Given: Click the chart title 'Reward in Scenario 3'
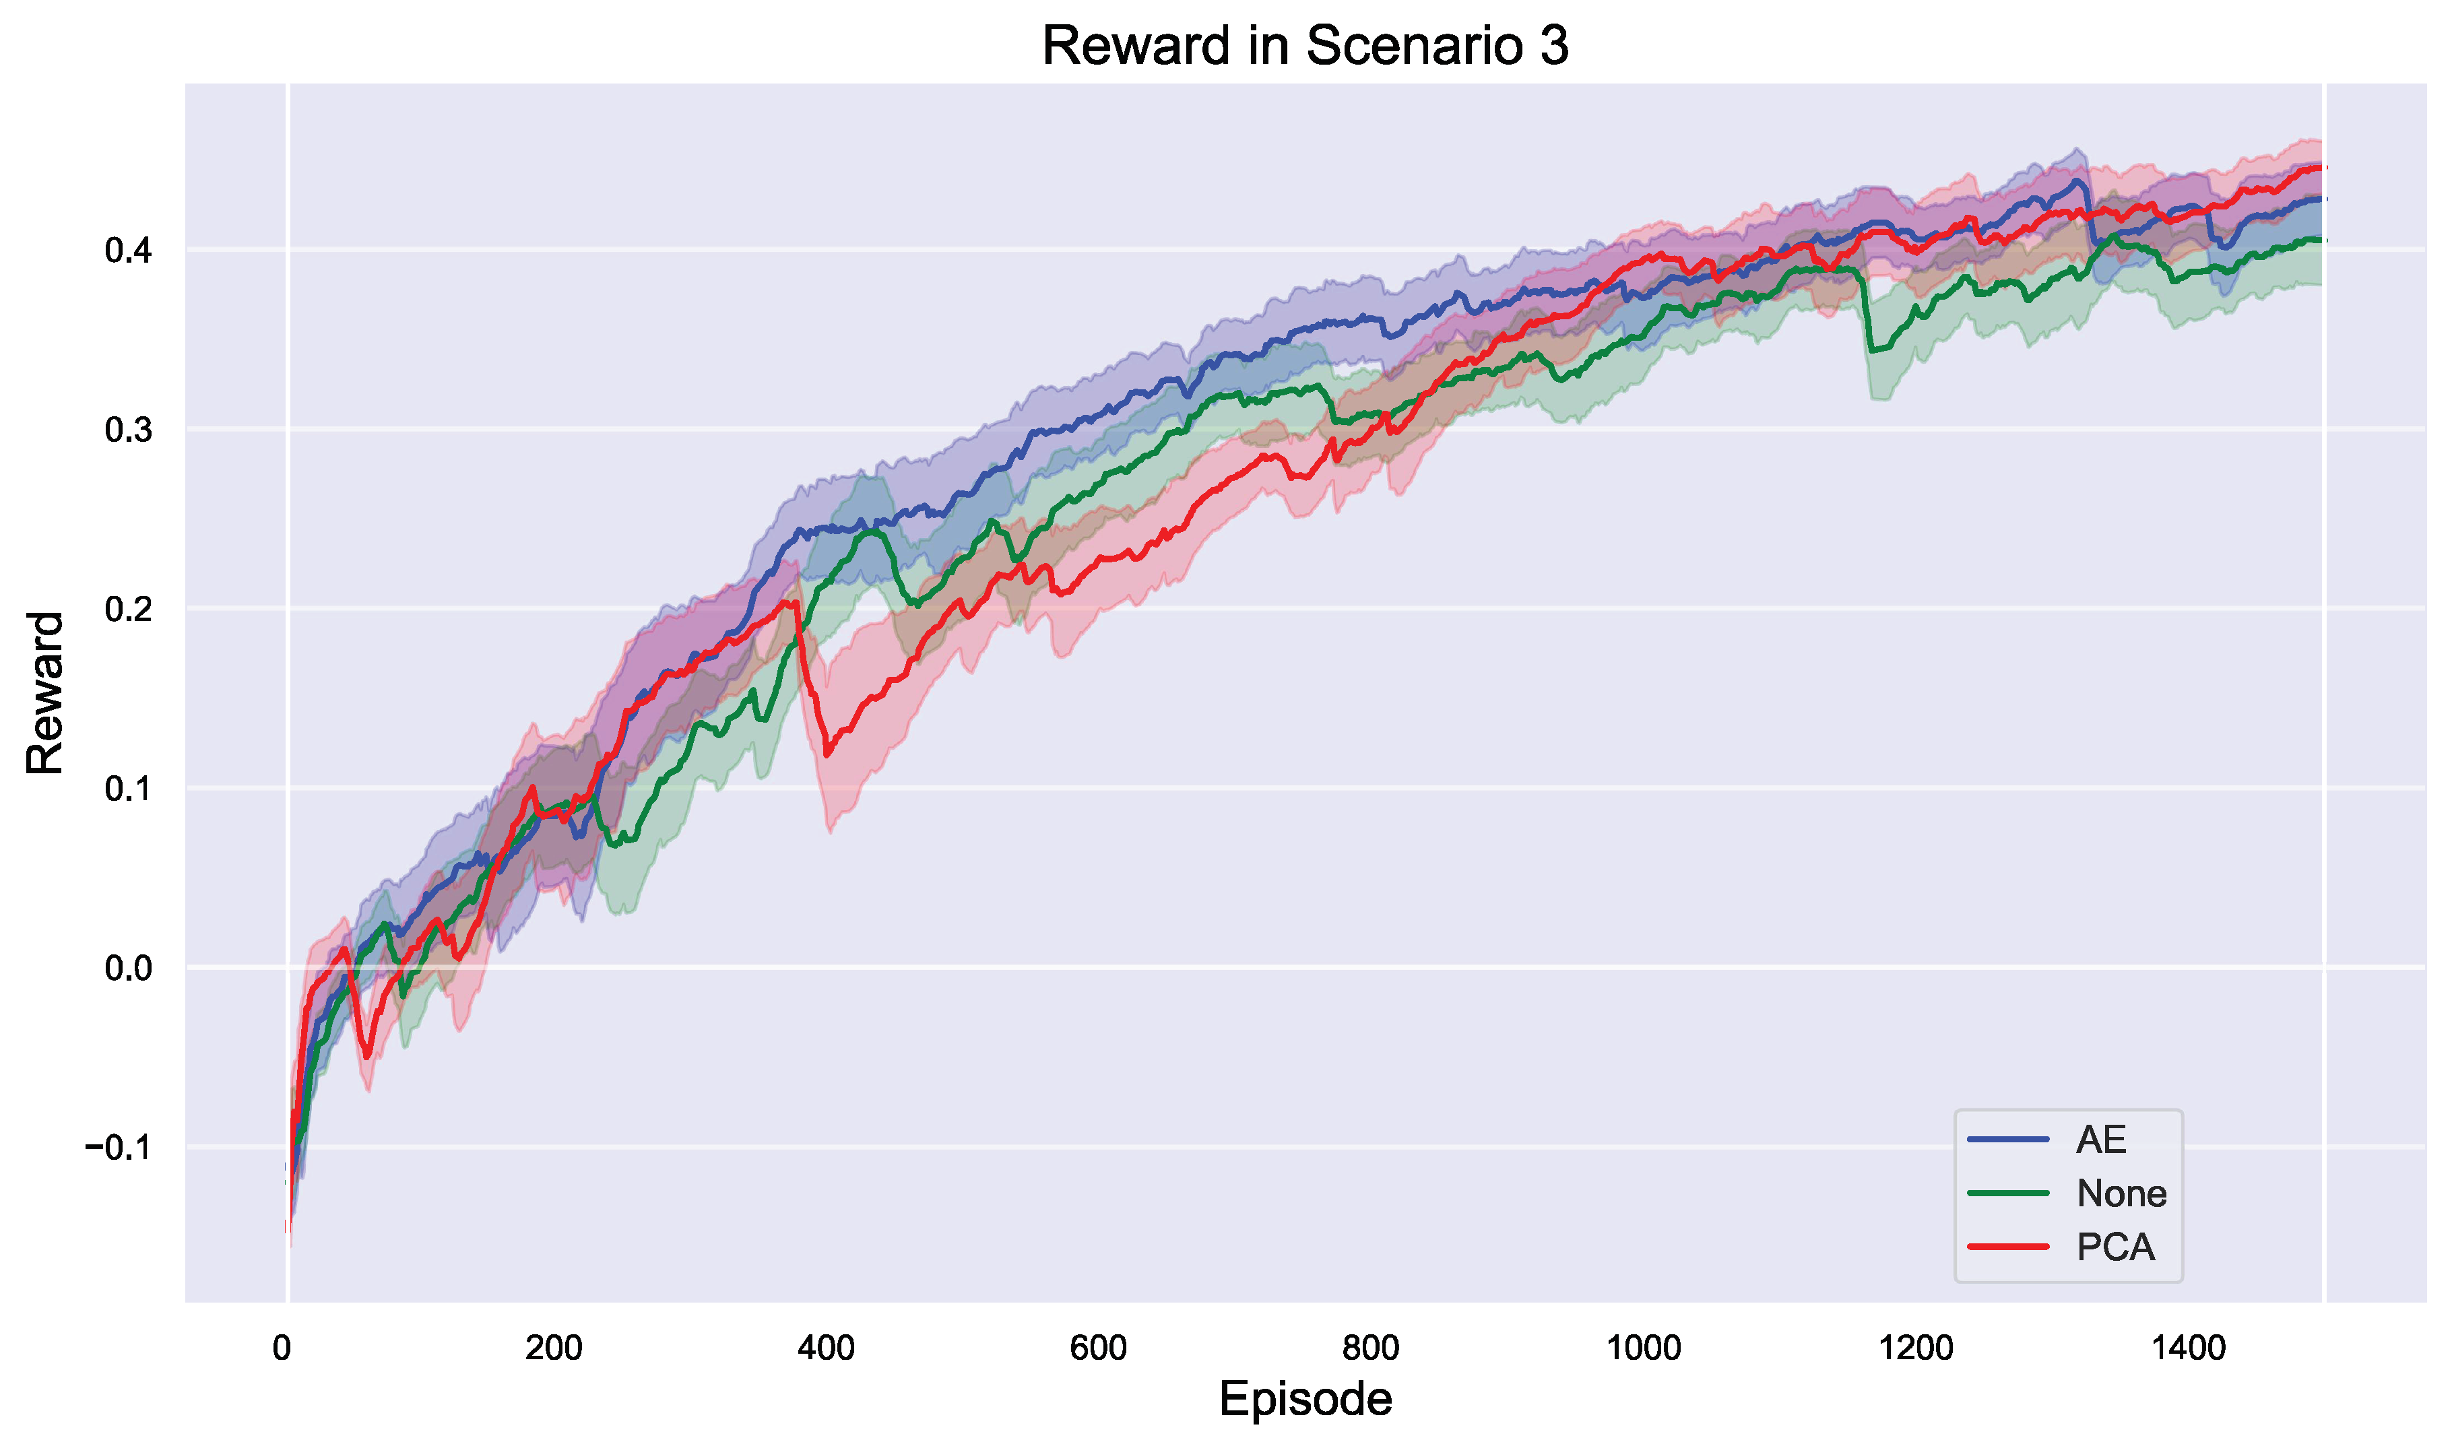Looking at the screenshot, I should coord(1305,46).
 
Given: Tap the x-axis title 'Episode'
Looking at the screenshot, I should coord(1305,1399).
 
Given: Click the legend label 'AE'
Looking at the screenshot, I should coord(2101,1140).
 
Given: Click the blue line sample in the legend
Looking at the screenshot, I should coord(2008,1140).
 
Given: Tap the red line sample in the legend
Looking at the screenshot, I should coord(2008,1247).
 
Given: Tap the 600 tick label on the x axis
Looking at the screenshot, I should coord(1099,1348).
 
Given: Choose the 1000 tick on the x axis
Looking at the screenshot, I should coord(1644,1348).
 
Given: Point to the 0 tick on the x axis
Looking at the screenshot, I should coord(282,1348).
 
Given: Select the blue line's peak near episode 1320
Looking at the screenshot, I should coord(2078,181).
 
